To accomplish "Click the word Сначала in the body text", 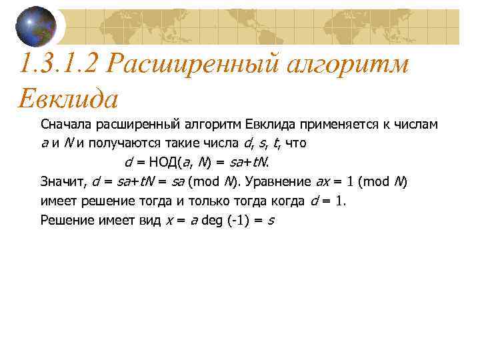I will pyautogui.click(x=66, y=124).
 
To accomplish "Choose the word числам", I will pyautogui.click(x=413, y=124).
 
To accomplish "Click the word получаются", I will pyautogui.click(x=137, y=143).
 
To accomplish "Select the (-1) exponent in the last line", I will pyautogui.click(x=237, y=220).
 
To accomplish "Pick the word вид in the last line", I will pyautogui.click(x=147, y=220).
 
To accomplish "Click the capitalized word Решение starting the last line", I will pyautogui.click(x=65, y=220).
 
